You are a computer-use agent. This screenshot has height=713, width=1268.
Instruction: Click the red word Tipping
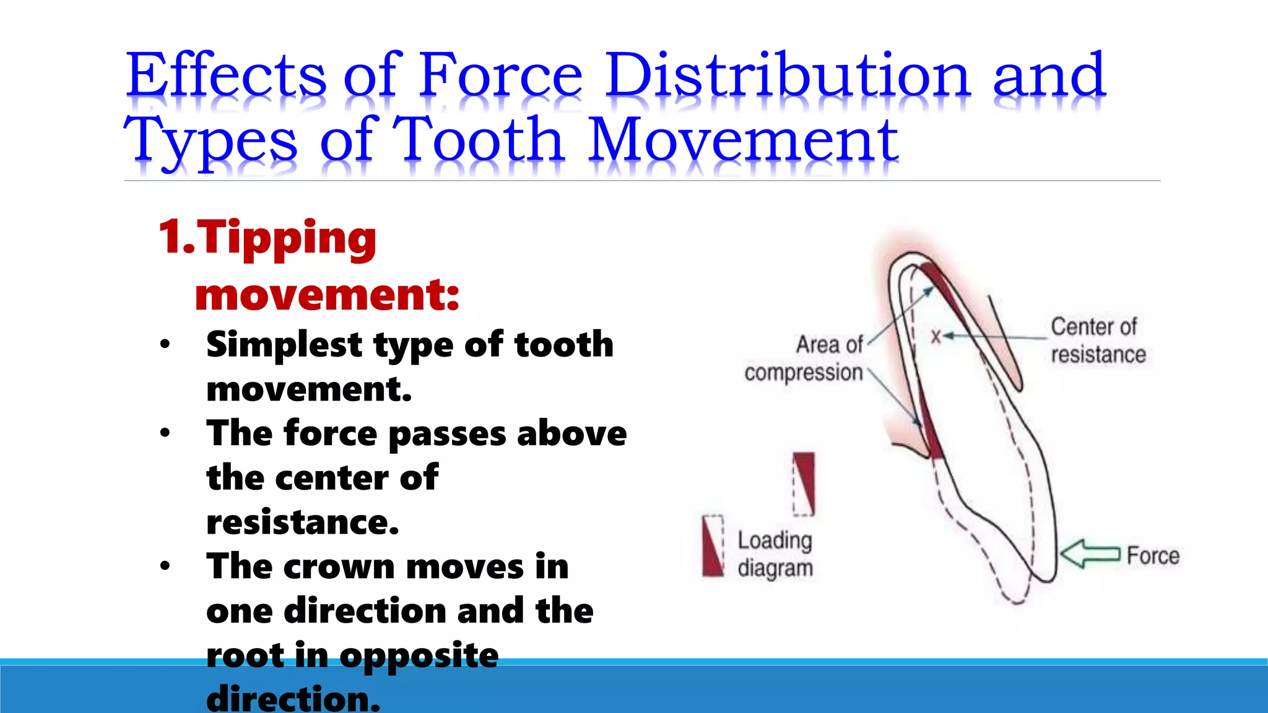point(286,238)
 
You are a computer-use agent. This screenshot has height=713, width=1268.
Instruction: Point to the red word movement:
point(327,295)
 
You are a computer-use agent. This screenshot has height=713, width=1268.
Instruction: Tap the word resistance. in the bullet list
point(303,522)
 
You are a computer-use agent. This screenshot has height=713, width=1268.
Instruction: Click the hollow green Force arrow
point(1090,553)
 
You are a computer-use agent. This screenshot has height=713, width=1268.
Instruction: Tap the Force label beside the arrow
point(1153,556)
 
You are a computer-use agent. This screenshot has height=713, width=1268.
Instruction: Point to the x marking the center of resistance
point(936,336)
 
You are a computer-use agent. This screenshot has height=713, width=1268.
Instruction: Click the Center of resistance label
point(1097,340)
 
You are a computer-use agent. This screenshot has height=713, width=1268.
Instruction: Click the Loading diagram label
point(775,554)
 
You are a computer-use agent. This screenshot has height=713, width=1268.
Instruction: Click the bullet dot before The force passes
point(165,433)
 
